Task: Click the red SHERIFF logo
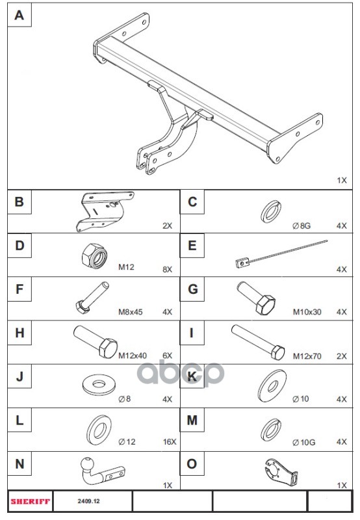30,501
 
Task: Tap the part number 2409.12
89,501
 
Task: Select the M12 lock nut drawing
94,255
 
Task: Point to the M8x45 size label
131,312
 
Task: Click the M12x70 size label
307,356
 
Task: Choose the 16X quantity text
170,442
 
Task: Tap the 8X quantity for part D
167,269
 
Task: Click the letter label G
192,289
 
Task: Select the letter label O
192,463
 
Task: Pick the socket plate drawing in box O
281,473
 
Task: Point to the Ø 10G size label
303,443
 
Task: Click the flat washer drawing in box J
98,385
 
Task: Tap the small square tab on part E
242,263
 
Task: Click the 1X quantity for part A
341,181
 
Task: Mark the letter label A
19,15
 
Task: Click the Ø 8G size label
302,226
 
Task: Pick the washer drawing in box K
272,386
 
